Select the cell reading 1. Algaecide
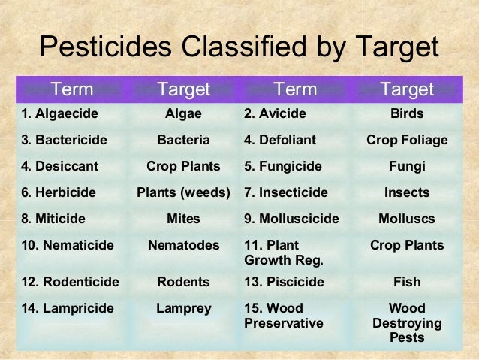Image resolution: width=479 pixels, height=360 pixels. coord(59,114)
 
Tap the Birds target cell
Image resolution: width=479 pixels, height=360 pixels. coord(406,114)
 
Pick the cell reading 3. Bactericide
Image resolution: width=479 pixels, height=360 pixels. coord(64,140)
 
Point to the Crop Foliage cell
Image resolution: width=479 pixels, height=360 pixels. coord(406,140)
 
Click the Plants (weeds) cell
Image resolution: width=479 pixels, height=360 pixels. coord(183,192)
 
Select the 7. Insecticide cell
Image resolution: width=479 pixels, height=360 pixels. coord(286,192)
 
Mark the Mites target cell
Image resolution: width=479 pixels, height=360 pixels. coord(183,219)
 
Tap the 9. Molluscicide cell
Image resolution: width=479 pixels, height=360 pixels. coord(291,219)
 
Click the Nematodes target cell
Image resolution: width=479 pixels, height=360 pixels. coord(183,245)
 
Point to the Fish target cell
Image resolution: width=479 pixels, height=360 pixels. coord(406,282)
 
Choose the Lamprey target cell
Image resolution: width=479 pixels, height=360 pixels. coord(183,308)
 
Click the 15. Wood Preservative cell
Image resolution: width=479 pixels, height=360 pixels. coord(284,316)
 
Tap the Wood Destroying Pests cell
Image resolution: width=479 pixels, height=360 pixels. coord(406,322)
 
